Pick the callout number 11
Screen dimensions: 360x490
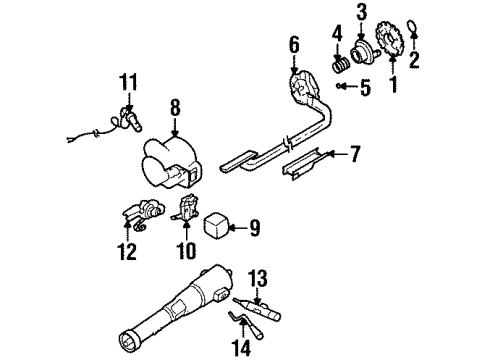point(127,81)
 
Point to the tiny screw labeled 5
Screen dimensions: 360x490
point(343,88)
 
